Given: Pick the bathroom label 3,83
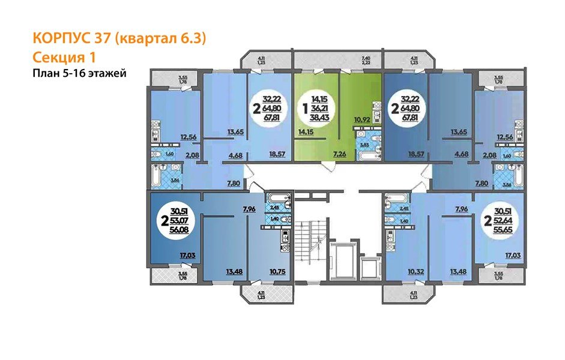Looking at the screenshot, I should pos(364,144).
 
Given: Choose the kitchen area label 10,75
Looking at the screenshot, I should pos(277,271).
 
